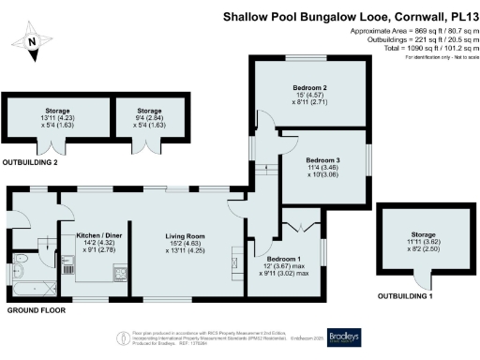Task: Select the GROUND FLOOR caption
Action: click(36, 309)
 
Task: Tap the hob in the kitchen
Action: click(121, 273)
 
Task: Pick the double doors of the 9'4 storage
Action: click(148, 147)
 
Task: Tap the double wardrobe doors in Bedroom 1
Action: click(298, 225)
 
